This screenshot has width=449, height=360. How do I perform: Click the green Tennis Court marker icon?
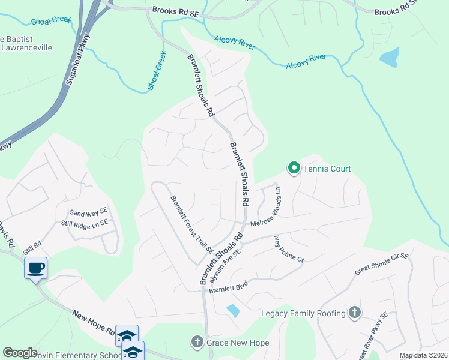[294, 169]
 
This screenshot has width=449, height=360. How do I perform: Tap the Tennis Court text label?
[327, 169]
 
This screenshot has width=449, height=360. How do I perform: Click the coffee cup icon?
[36, 268]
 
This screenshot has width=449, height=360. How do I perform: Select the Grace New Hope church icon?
[196, 343]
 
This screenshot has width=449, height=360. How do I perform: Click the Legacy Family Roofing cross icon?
[355, 313]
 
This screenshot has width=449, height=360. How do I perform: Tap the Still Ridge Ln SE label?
[84, 223]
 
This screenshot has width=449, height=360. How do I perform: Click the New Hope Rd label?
[93, 322]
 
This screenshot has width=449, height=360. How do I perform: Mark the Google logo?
[20, 353]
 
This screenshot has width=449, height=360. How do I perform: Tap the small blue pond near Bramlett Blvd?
[232, 310]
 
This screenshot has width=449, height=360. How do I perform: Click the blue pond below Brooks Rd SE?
[389, 57]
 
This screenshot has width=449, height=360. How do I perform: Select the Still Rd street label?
[32, 246]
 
